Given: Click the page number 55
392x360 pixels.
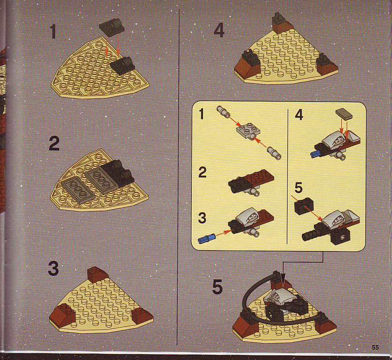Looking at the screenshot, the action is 375,347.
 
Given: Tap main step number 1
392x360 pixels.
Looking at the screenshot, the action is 53,31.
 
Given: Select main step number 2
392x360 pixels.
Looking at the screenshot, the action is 54,144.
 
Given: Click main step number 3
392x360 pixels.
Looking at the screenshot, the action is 53,268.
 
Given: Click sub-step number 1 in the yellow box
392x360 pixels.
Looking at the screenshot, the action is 202,115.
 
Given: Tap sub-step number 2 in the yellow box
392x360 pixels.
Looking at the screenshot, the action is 203,172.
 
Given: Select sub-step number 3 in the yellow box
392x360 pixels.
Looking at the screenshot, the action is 202,218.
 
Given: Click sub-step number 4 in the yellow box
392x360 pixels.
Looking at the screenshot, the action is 299,115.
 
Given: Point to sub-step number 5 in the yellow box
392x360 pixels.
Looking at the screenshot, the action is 298,188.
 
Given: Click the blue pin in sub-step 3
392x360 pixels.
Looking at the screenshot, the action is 207,238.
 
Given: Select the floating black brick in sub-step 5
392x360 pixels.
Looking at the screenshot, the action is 304,205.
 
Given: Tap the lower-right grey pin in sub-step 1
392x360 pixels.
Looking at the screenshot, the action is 274,153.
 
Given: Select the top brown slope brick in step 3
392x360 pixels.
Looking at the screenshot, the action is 97,274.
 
